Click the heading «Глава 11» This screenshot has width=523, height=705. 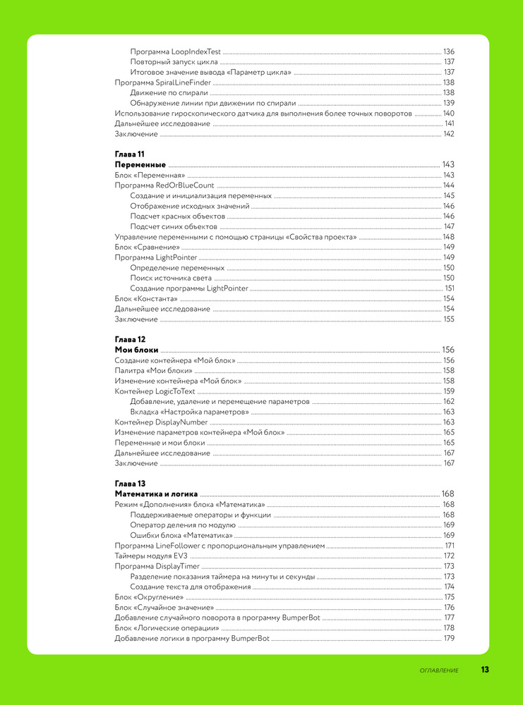(129, 154)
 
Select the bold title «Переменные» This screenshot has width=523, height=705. (140, 164)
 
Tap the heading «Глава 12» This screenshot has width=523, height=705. (130, 339)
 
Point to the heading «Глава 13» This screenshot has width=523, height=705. (130, 483)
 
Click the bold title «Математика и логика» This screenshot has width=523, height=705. (156, 493)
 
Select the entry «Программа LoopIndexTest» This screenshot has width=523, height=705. (175, 52)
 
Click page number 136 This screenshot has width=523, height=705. (448, 52)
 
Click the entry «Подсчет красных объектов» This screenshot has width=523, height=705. (178, 216)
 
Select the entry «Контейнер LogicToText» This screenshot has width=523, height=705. (155, 391)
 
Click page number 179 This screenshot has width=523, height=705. (448, 638)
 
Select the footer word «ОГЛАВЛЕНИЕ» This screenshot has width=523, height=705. (439, 670)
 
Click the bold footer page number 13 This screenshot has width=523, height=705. (485, 670)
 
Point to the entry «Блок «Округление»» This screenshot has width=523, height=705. (144, 597)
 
